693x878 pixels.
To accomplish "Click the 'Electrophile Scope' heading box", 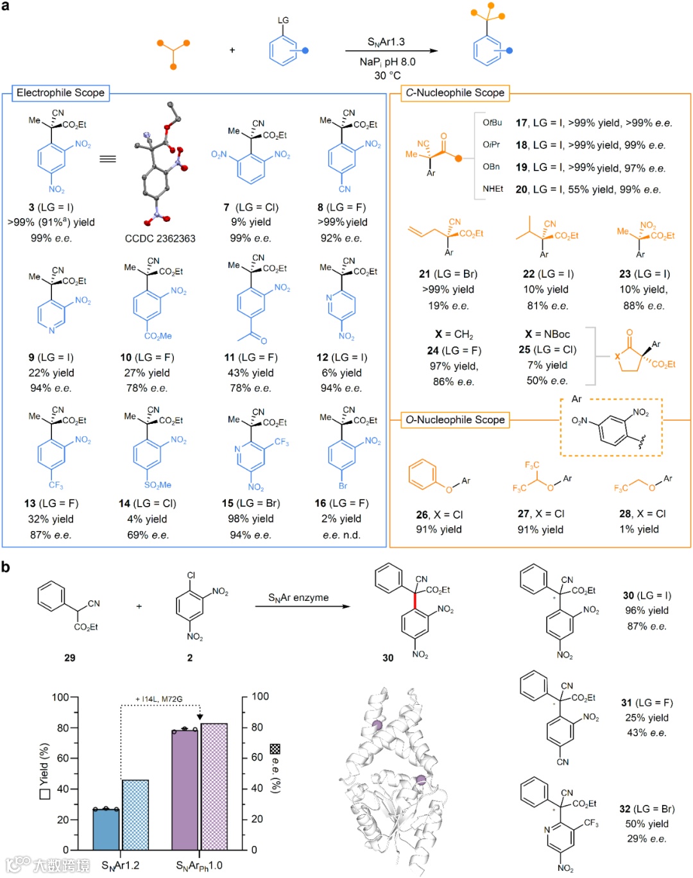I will tap(60, 93).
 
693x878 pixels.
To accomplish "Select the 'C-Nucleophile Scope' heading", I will tap(455, 93).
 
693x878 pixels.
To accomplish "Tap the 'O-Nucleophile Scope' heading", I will tap(455, 420).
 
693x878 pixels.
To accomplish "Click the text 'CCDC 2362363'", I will tap(160, 239).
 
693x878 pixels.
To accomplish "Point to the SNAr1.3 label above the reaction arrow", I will tap(386, 42).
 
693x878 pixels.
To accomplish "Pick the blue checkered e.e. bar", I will tap(135, 815).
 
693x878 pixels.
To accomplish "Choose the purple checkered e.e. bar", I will tap(214, 786).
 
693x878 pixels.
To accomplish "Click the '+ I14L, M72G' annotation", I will tap(159, 699).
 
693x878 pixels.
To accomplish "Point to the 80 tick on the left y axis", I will tap(62, 728).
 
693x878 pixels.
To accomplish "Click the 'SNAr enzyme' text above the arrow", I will tap(298, 598).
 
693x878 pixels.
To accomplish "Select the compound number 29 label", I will tap(70, 657).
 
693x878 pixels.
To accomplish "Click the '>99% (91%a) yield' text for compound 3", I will tap(51, 223).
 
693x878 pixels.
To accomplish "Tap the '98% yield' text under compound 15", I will tap(251, 519).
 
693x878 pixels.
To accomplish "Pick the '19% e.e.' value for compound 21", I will tap(449, 305).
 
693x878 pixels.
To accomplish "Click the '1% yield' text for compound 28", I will tap(639, 529).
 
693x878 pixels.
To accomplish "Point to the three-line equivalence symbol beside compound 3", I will tap(108, 158).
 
